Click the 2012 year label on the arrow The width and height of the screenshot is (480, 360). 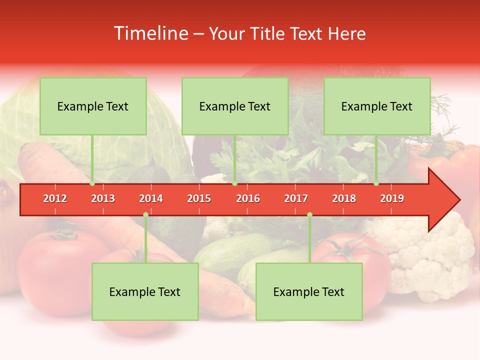pos(55,198)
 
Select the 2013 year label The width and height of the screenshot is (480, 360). pos(103,198)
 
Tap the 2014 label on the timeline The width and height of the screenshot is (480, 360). pos(151,198)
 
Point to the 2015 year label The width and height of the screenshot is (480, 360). pos(199,198)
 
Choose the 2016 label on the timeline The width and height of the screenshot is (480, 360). pos(248,198)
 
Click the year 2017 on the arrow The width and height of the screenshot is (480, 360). pos(296,198)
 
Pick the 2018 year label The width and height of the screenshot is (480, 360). pos(344,198)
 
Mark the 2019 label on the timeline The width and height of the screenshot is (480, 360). pos(392,198)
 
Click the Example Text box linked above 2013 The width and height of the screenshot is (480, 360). pos(93,106)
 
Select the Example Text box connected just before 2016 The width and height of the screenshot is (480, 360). pos(235,106)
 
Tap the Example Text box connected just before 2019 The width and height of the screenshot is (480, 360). pos(377,106)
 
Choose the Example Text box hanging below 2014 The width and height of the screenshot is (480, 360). pos(145,291)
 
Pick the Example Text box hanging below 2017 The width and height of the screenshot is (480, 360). pos(309,291)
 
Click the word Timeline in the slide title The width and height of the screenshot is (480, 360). pos(150,33)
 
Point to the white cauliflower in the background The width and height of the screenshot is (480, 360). pos(430,255)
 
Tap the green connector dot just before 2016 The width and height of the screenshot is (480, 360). pos(234,183)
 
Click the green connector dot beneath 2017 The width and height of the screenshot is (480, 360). pos(309,215)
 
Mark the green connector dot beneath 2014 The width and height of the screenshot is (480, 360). pos(145,215)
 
